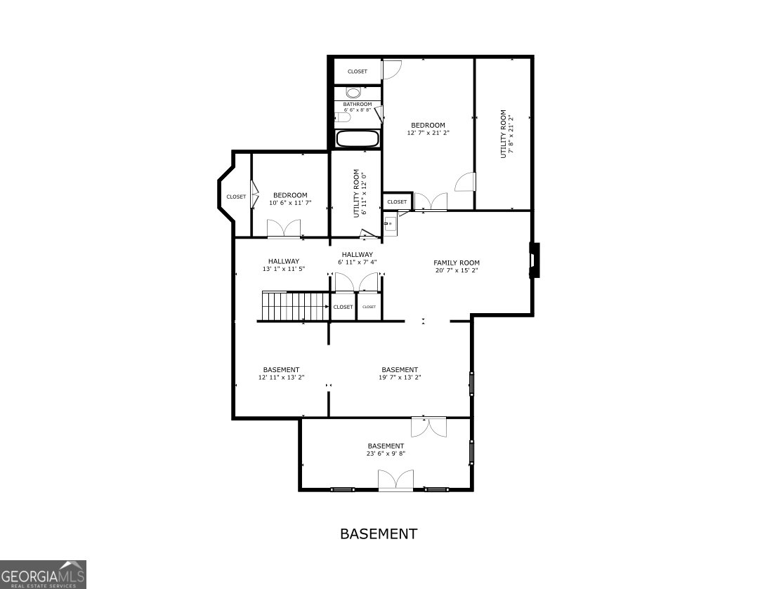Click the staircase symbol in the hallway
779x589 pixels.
295,306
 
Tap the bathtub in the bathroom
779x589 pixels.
358,138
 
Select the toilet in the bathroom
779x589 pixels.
353,93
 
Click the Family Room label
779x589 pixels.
457,263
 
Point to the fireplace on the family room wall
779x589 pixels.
534,260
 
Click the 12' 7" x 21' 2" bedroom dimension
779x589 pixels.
428,133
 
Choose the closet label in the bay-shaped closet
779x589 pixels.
236,197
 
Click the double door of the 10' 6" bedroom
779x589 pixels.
284,229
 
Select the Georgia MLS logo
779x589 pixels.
43,574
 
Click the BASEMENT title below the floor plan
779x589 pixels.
379,534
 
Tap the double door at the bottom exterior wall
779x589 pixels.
395,481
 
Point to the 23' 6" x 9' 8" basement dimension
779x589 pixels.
386,454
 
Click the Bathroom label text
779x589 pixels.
358,105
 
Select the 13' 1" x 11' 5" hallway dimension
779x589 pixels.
283,269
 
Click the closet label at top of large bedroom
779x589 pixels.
358,72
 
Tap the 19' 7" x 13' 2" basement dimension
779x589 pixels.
400,378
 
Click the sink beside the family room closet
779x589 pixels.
391,224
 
